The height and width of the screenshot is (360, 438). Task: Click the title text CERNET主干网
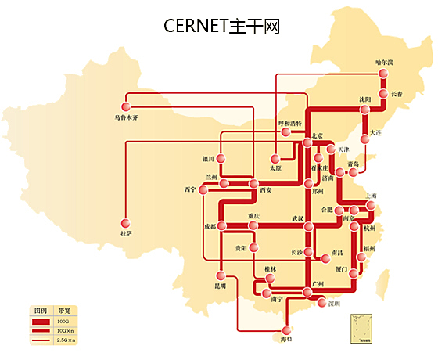(x=222, y=26)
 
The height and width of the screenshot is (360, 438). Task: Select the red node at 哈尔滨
(x=383, y=74)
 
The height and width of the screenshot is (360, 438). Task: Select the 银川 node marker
(x=221, y=159)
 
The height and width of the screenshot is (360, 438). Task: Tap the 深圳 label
(x=335, y=303)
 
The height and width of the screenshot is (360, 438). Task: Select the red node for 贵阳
(x=253, y=248)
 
